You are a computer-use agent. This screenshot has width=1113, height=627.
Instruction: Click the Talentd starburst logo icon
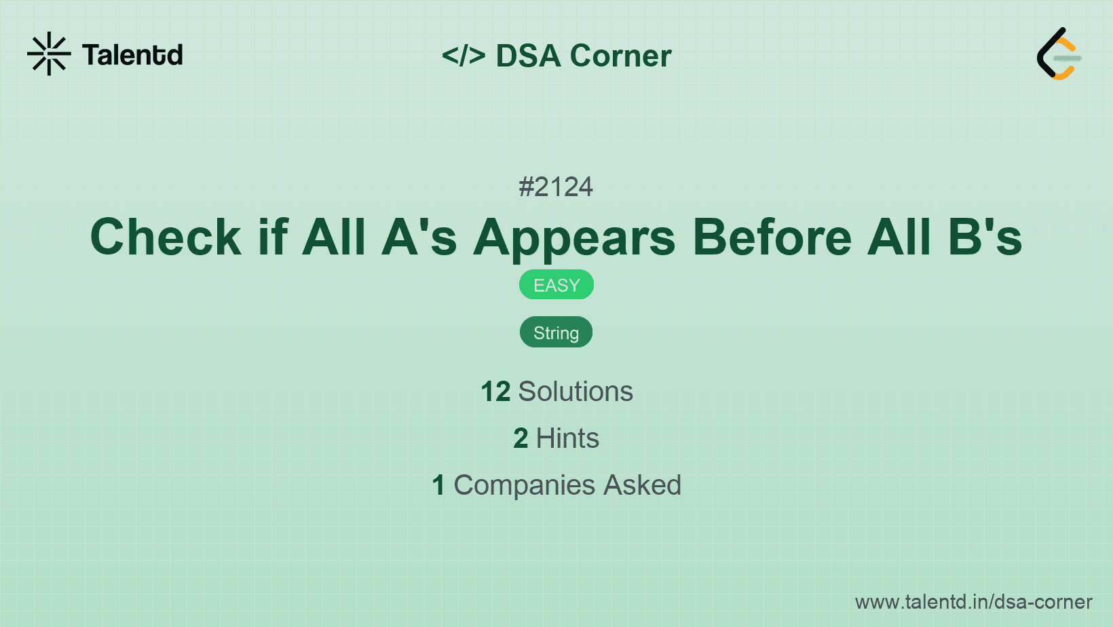[x=49, y=54]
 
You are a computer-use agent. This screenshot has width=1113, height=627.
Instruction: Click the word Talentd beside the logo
[x=132, y=55]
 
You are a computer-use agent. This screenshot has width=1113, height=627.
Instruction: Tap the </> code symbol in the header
[x=464, y=56]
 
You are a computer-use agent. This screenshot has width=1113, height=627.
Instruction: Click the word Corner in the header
[x=621, y=56]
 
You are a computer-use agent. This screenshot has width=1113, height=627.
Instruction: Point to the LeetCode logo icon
[x=1059, y=54]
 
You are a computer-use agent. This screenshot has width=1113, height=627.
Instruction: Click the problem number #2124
[x=556, y=187]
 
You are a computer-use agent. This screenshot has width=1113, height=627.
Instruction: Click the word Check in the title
[x=166, y=237]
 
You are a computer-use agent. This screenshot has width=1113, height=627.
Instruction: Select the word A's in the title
[x=419, y=237]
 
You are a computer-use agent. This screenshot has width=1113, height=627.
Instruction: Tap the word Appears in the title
[x=575, y=237]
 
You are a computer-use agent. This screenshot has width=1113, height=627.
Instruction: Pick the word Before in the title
[x=772, y=237]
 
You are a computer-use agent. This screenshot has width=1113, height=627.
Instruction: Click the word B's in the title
[x=985, y=237]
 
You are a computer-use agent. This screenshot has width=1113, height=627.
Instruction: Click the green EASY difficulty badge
[x=556, y=285]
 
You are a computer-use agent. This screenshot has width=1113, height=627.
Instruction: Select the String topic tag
[x=556, y=332]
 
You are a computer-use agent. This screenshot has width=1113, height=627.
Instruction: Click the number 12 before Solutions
[x=495, y=392]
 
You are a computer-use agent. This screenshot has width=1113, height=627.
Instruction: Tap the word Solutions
[x=576, y=392]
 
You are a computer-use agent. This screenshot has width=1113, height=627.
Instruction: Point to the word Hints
[x=567, y=438]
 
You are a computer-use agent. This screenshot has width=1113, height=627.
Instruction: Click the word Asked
[x=642, y=485]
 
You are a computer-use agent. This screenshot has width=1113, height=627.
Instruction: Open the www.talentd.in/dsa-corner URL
[x=973, y=602]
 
